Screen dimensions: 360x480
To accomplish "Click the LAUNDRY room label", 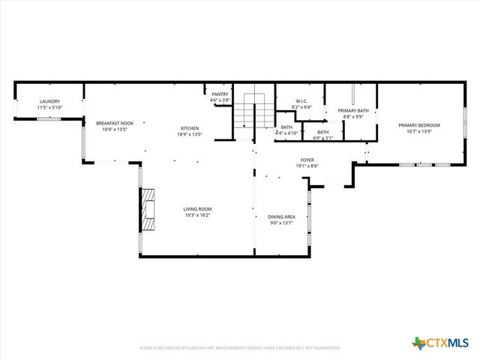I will click(x=50, y=101).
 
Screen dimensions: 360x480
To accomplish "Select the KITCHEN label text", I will click(x=188, y=128).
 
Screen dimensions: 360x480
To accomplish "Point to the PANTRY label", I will click(x=220, y=94).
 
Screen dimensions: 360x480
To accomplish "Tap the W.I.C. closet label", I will click(x=301, y=100).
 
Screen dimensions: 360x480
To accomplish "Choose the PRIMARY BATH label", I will click(x=352, y=110).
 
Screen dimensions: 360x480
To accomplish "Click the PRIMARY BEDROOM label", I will click(x=419, y=125).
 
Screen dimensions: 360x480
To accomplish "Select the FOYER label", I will click(x=307, y=160).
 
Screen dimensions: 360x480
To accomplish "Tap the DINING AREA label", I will click(x=281, y=217).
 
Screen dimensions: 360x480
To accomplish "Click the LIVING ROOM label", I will click(x=198, y=209).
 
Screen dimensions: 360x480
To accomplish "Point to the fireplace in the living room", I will click(x=148, y=210).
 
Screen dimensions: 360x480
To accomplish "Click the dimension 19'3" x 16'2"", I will click(x=198, y=216).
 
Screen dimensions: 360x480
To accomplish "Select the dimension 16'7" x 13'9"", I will click(x=419, y=132).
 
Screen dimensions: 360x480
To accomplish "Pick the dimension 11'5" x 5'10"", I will click(x=50, y=108).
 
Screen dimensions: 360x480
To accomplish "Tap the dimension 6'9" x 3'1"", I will click(x=322, y=138).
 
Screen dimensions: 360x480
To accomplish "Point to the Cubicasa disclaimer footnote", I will click(x=240, y=348).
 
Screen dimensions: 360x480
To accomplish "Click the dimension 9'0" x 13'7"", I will click(x=281, y=223).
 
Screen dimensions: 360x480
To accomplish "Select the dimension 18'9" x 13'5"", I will click(x=188, y=135).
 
